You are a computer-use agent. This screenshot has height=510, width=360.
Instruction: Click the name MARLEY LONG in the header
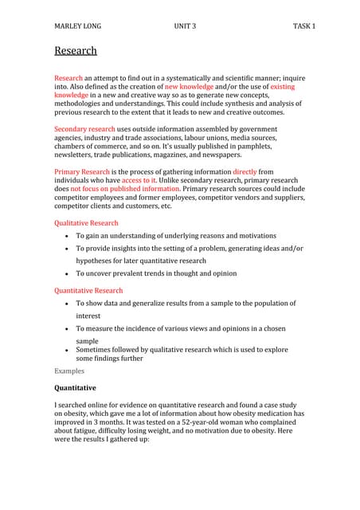pos(77,26)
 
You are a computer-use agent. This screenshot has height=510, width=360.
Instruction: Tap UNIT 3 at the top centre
pos(185,26)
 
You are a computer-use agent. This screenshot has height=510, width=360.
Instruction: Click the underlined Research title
pos(76,51)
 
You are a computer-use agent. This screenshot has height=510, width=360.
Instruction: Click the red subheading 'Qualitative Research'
pos(86,223)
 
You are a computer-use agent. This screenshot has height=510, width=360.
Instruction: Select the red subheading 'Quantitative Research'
pos(88,291)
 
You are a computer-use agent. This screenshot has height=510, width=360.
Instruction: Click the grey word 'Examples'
pos(70,371)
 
